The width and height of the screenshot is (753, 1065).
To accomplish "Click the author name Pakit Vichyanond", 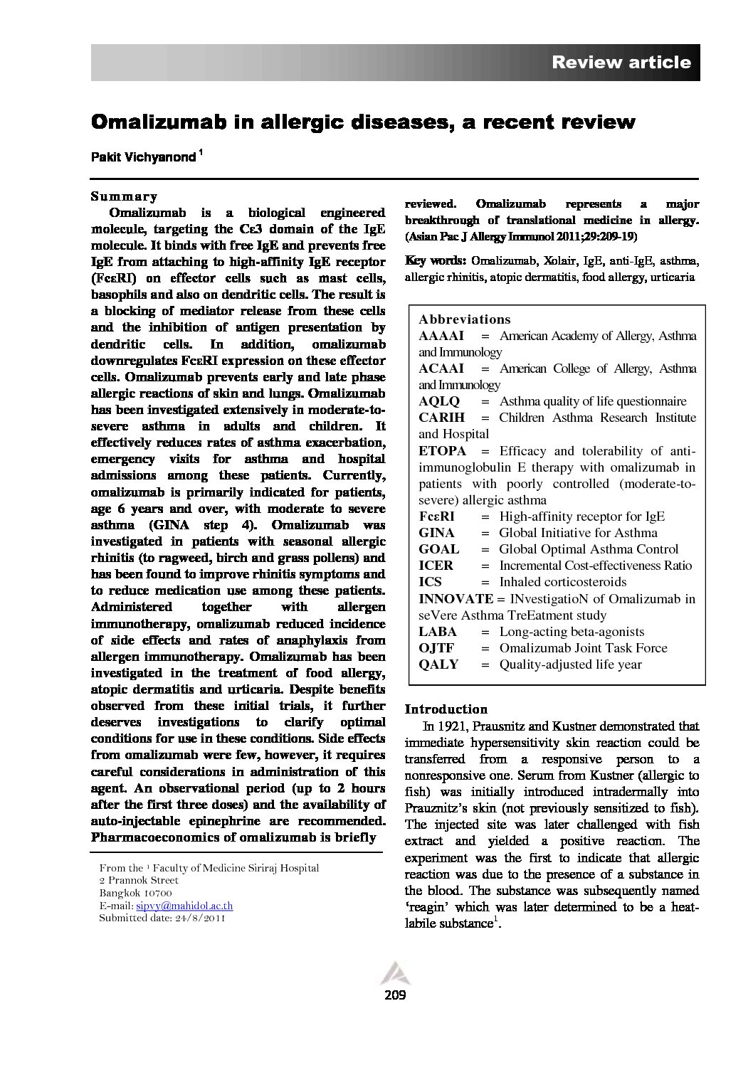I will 143,157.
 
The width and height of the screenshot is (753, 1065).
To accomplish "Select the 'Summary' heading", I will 124,196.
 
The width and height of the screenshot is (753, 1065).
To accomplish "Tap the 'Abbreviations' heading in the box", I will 465,319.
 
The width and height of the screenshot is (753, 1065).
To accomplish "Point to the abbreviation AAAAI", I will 441,336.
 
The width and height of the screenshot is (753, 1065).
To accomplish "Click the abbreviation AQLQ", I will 439,401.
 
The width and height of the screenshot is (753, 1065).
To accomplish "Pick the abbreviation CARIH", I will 441,418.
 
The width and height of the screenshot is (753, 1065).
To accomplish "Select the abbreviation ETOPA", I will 442,451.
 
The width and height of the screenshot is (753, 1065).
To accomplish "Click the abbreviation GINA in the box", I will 436,533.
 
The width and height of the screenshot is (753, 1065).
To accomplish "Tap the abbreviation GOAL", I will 438,549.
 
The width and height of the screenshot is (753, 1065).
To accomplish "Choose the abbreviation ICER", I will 436,566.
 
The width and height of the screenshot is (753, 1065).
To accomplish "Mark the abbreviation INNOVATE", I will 456,599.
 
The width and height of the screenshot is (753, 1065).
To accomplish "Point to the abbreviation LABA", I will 438,632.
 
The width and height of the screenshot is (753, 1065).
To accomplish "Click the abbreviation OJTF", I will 436,648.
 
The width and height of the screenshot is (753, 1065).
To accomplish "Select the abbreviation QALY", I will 438,664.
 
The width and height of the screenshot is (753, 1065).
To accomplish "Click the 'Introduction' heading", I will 446,709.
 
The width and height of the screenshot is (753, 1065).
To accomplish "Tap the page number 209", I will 394,995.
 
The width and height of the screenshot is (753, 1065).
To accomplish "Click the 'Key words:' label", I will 436,260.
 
